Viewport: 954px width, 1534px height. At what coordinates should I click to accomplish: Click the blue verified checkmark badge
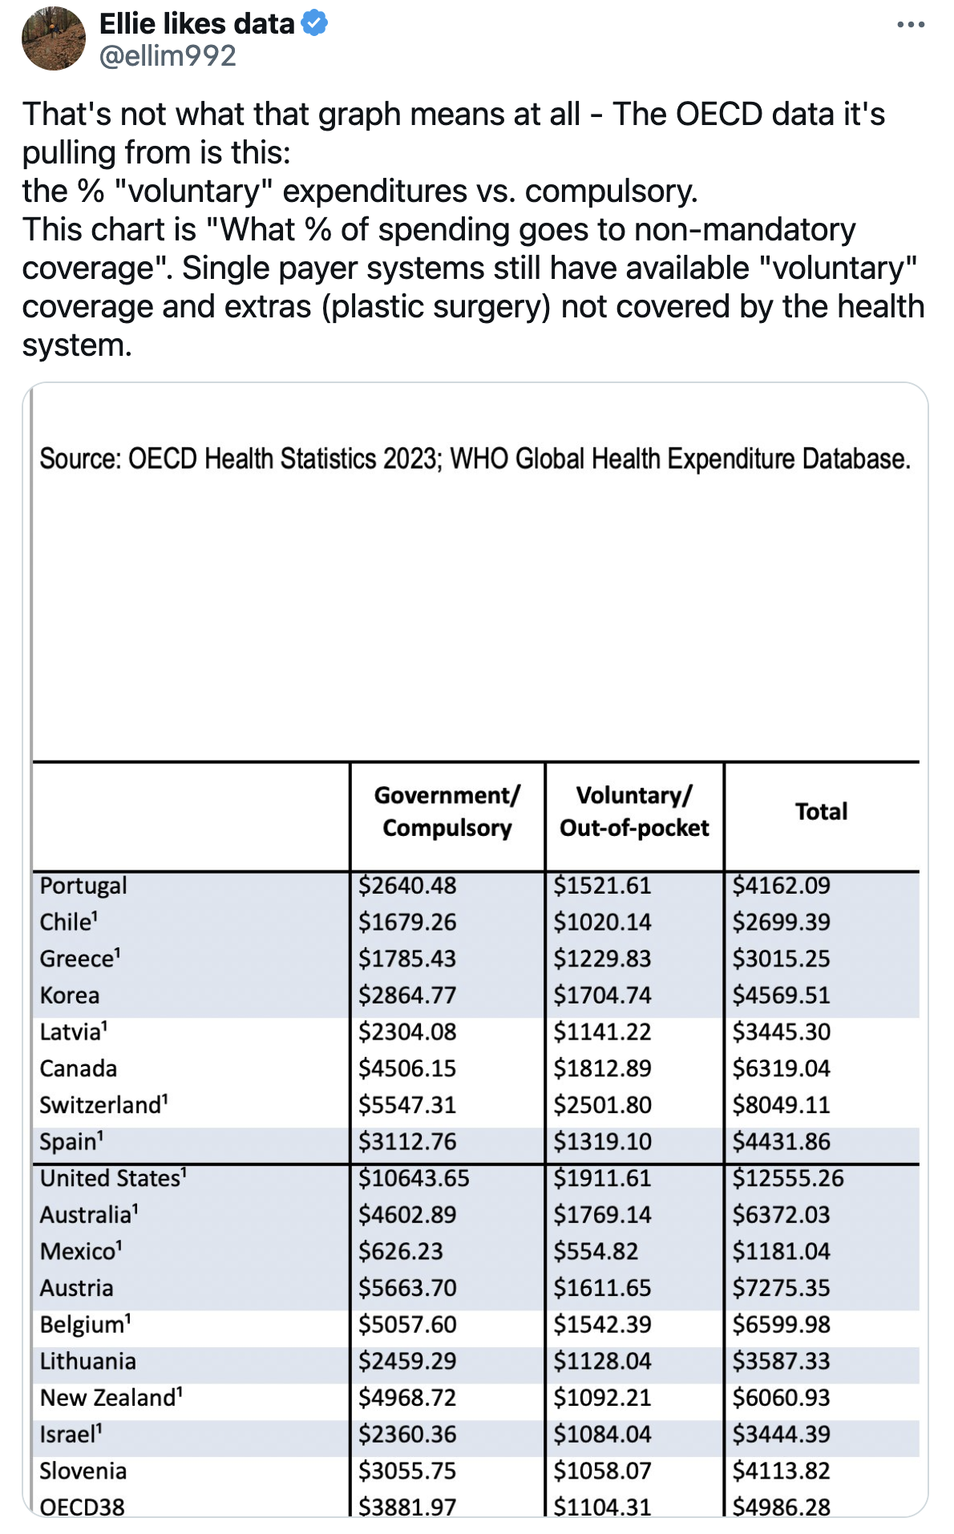click(x=314, y=24)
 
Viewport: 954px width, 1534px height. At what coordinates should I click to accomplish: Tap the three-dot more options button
click(x=911, y=26)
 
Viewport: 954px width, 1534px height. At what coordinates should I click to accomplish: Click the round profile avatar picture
click(x=53, y=38)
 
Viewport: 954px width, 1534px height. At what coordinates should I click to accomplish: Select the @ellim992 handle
click(x=168, y=56)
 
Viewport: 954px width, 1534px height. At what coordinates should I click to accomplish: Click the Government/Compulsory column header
click(x=447, y=811)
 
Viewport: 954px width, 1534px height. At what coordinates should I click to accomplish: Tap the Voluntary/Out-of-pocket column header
click(x=634, y=811)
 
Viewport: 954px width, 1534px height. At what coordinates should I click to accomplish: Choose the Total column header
click(x=821, y=811)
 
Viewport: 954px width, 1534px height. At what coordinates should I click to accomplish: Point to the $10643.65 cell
click(x=414, y=1178)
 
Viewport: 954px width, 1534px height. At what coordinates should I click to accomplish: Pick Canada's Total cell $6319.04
click(x=781, y=1068)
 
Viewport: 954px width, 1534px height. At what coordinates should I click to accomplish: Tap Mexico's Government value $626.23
click(x=400, y=1251)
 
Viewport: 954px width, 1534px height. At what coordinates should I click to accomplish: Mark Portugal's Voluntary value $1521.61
click(x=602, y=886)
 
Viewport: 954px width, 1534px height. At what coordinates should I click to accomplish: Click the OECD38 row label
click(x=82, y=1507)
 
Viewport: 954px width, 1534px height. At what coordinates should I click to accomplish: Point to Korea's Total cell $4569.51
click(x=781, y=995)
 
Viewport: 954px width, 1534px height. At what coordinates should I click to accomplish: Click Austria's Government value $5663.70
click(x=407, y=1288)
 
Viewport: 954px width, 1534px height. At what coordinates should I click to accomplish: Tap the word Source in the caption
click(x=78, y=459)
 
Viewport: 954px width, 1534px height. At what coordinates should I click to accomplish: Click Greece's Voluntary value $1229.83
click(x=602, y=959)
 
